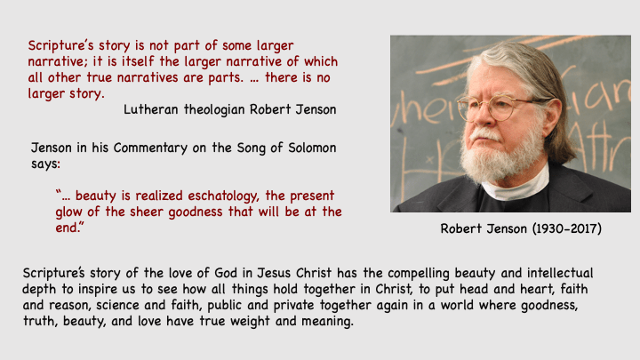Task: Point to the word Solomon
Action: [x=312, y=148]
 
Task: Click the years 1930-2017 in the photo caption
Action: [x=567, y=228]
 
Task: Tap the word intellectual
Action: [x=560, y=273]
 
